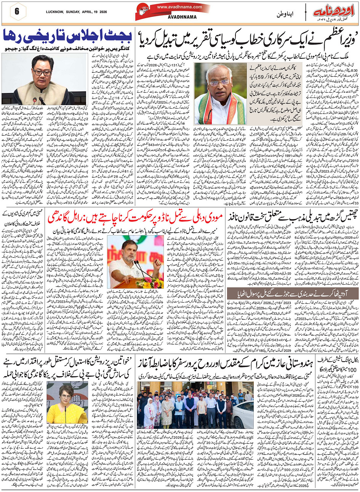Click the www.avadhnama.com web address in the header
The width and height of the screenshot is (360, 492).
174,7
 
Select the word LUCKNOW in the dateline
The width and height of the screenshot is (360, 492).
42,12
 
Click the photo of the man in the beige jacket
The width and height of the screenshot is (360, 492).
45,79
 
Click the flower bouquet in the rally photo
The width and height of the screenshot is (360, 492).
155,282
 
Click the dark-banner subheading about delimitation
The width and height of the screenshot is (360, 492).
293,293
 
